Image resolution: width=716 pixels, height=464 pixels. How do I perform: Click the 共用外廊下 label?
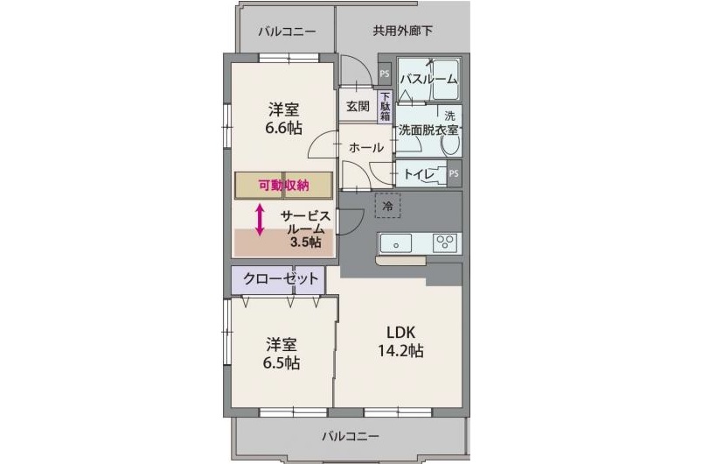pyautogui.click(x=403, y=32)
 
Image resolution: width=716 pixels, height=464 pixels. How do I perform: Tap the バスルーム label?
pyautogui.click(x=428, y=80)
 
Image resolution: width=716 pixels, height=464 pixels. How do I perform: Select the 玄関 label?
pyautogui.click(x=357, y=107)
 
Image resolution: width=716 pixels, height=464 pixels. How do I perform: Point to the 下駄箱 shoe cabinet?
pyautogui.click(x=386, y=106)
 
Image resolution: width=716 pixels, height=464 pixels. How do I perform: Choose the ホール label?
pyautogui.click(x=365, y=148)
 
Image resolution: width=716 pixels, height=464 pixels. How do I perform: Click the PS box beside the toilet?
pyautogui.click(x=454, y=173)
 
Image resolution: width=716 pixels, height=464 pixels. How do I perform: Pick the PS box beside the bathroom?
pyautogui.click(x=385, y=74)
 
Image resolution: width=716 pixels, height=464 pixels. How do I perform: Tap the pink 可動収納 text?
pyautogui.click(x=284, y=186)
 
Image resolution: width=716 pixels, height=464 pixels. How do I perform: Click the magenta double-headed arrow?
pyautogui.click(x=261, y=219)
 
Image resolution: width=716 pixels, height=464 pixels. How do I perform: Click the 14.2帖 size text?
pyautogui.click(x=401, y=351)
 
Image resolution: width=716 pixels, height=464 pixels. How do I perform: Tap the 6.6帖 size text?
pyautogui.click(x=284, y=128)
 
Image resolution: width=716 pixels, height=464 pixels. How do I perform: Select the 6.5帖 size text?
pyautogui.click(x=282, y=362)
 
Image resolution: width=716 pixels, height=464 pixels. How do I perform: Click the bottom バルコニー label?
pyautogui.click(x=350, y=435)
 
